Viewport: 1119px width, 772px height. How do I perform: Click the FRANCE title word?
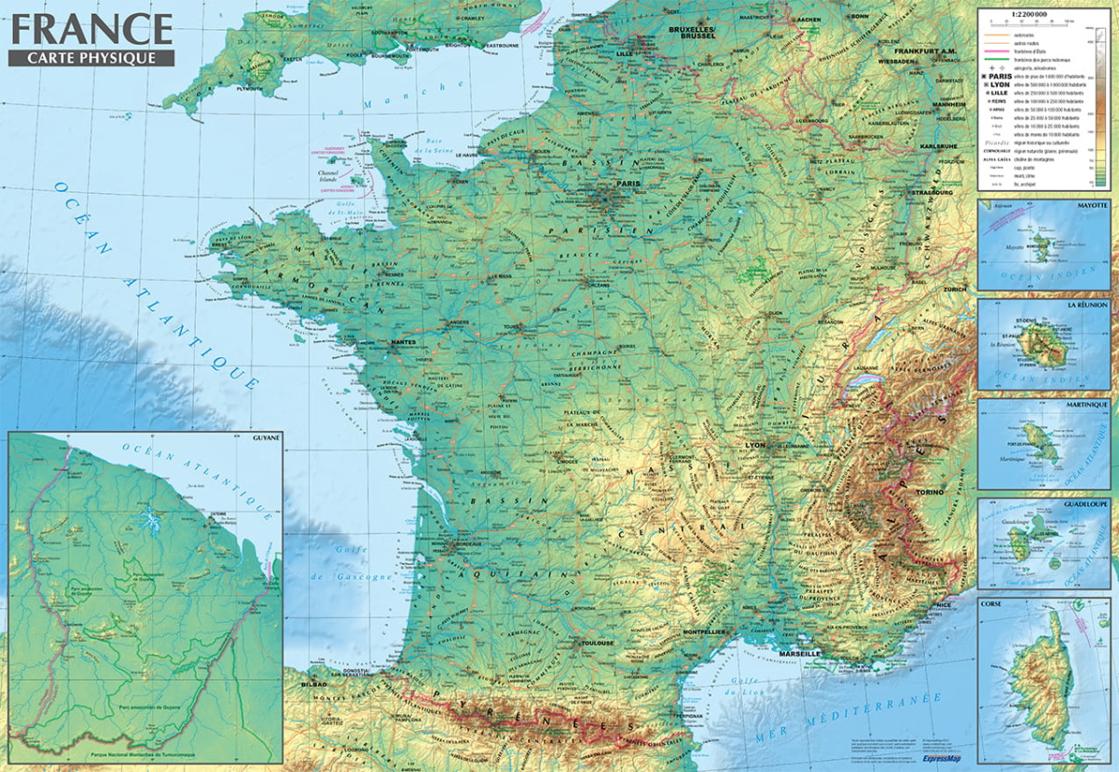[90, 28]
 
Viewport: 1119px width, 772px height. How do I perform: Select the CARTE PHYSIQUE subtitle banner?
[90, 57]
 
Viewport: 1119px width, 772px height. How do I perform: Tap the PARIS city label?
[628, 184]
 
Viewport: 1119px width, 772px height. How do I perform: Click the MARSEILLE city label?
[798, 654]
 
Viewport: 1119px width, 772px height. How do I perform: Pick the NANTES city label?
[403, 342]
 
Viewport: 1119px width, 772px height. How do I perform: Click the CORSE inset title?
[992, 604]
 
